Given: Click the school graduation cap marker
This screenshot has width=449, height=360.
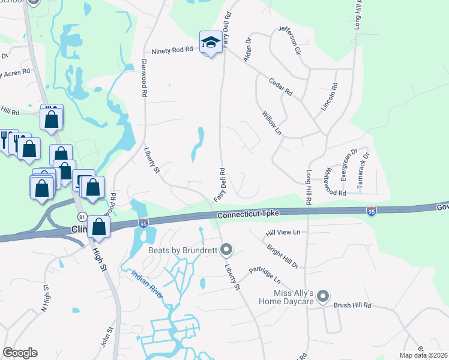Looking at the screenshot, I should [210, 42].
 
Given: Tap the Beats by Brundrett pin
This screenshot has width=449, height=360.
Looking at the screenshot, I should [226, 248].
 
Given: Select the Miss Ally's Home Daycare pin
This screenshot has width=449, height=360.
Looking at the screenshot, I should [323, 296].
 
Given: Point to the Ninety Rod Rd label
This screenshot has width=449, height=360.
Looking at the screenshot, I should [172, 52].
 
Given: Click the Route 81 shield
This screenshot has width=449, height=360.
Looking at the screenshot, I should [82, 217].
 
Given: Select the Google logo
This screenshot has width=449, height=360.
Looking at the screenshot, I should [20, 353].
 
